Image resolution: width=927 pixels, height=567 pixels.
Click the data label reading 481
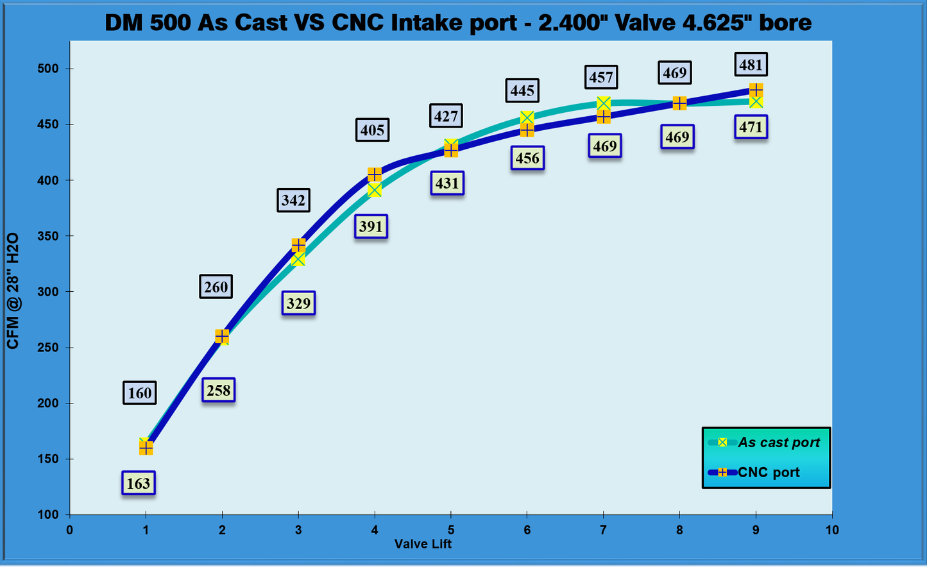751,65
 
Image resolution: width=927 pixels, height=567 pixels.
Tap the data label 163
139,483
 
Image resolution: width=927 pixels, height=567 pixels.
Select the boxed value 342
293,200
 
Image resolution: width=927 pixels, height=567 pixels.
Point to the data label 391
371,226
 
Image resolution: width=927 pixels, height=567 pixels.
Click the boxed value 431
447,183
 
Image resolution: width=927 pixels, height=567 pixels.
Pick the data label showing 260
216,287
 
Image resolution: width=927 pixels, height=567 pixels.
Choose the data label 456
527,158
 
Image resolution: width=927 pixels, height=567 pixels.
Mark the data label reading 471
751,127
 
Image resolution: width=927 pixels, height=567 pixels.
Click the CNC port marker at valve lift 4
375,174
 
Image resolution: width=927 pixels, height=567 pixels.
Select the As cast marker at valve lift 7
603,103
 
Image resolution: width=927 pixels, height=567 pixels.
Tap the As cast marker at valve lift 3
298,259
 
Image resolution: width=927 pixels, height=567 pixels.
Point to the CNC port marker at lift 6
527,130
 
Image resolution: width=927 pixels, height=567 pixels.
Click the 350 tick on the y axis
47,236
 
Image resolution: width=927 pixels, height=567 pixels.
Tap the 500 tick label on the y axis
47,69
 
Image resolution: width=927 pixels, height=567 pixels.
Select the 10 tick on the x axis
832,530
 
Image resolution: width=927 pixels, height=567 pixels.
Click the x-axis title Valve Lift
423,545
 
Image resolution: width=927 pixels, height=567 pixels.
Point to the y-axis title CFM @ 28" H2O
13,291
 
